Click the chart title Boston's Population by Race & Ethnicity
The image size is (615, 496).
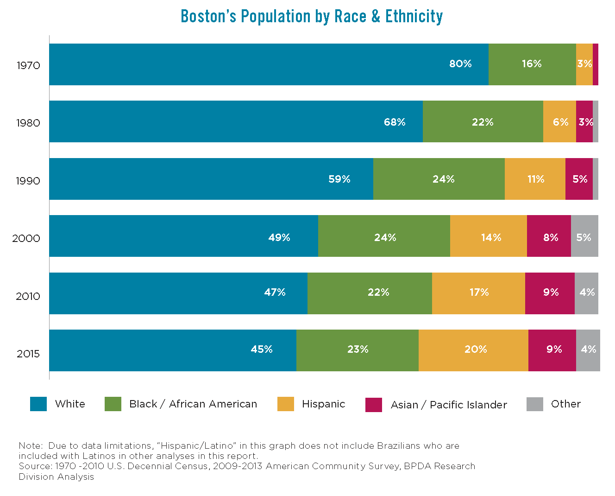[311, 17]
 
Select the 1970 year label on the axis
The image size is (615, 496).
[28, 65]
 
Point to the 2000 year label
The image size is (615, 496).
[26, 238]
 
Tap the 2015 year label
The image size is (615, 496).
[28, 354]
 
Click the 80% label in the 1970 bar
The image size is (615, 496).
[460, 64]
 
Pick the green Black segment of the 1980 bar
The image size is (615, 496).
[483, 122]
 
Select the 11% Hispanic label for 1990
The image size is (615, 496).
[536, 179]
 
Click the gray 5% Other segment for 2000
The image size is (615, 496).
[584, 237]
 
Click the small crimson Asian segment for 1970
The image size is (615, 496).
[596, 64]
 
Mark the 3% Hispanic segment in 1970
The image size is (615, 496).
[584, 64]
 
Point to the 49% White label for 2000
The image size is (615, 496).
[279, 238]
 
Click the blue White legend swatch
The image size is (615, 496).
[38, 404]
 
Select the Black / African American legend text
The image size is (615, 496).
[193, 404]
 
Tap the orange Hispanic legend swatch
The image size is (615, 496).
[286, 404]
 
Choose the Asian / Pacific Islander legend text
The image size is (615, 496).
[449, 405]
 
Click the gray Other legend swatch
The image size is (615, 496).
[535, 404]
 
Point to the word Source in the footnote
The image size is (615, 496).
[35, 466]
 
